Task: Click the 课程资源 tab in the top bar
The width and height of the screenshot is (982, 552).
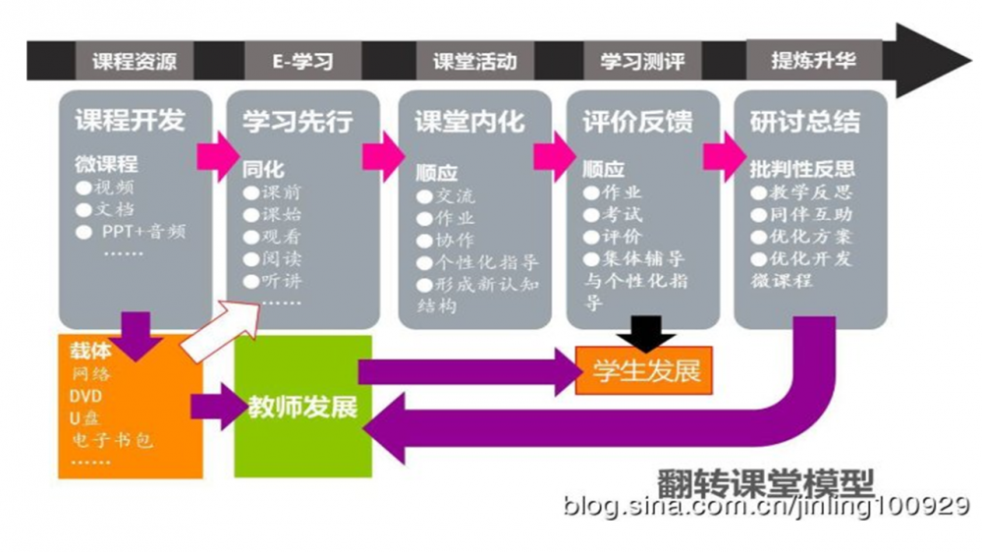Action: [x=135, y=62]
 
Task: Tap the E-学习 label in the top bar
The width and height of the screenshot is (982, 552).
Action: [x=302, y=62]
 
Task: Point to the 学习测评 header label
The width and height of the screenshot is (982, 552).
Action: [x=640, y=62]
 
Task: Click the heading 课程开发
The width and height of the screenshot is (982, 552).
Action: [x=130, y=121]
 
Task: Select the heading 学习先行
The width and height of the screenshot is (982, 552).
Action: [x=298, y=121]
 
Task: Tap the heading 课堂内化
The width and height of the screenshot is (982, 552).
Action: [x=469, y=122]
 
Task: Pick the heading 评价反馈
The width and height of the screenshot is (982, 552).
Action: [x=637, y=122]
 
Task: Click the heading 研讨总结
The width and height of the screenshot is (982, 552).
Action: [x=805, y=122]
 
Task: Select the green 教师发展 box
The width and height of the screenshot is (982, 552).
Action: [x=303, y=406]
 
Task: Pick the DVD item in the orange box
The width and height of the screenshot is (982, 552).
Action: [x=85, y=396]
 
